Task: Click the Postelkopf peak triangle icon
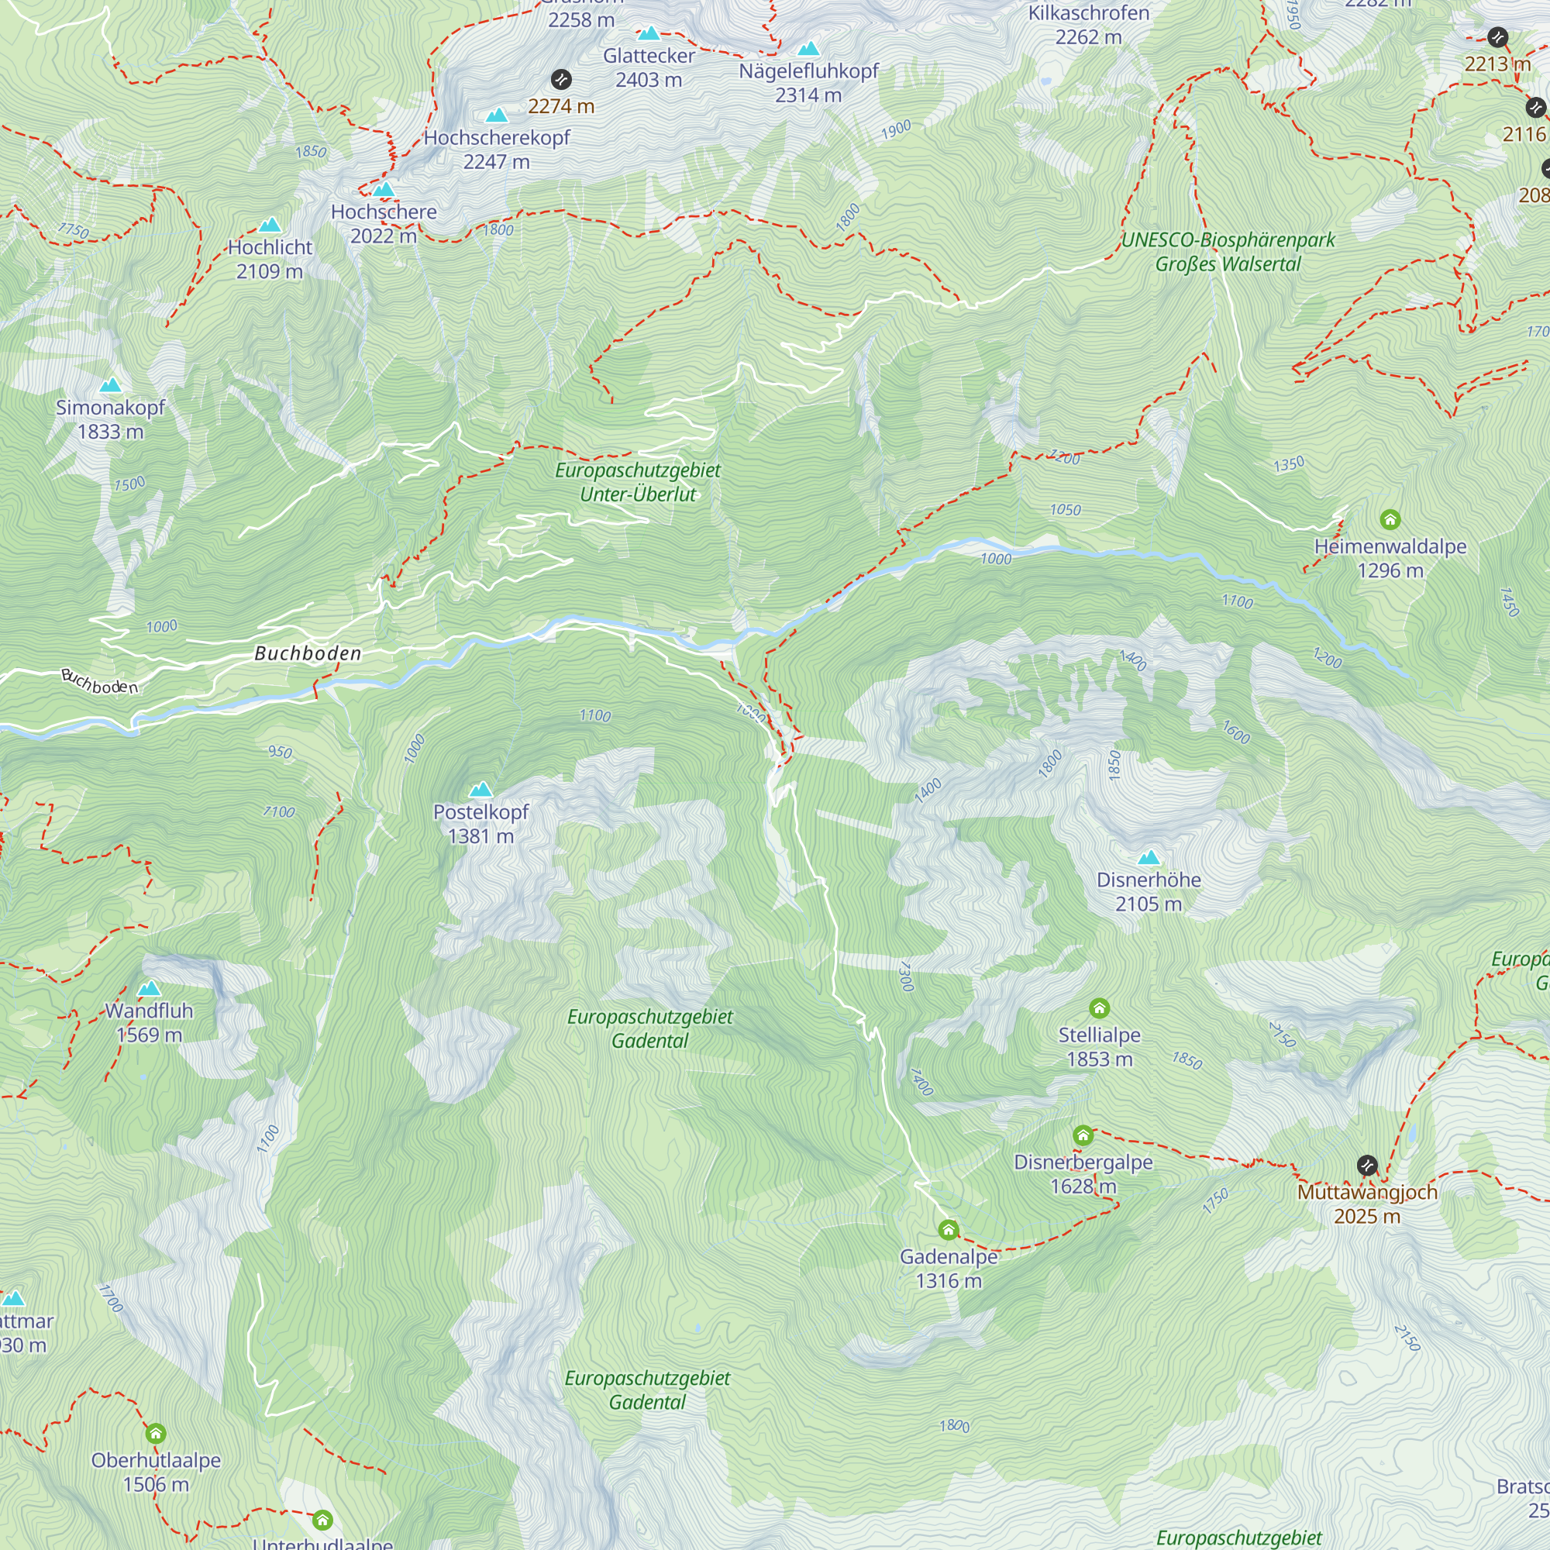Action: (x=480, y=790)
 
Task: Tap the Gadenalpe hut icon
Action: (x=949, y=1230)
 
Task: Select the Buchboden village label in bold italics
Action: (x=308, y=654)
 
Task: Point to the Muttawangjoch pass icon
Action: (x=1367, y=1165)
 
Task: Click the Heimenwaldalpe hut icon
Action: (x=1390, y=520)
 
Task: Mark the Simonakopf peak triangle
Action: (x=110, y=386)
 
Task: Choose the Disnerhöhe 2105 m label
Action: (x=1148, y=891)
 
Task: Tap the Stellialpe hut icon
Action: (x=1099, y=1007)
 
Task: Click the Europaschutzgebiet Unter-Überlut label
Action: (x=638, y=482)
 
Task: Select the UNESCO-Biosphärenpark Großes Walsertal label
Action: (x=1228, y=251)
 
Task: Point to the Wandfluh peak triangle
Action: (x=150, y=989)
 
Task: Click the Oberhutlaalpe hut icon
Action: (x=156, y=1434)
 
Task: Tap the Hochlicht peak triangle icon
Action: (x=270, y=226)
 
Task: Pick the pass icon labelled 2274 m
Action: (x=561, y=79)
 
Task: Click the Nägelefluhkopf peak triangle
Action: (x=808, y=49)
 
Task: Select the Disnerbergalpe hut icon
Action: (x=1083, y=1135)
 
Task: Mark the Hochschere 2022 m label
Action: (x=384, y=224)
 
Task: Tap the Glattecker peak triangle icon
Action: (x=648, y=33)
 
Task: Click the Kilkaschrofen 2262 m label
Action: (x=1089, y=25)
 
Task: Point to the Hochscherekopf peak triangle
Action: (x=497, y=116)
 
